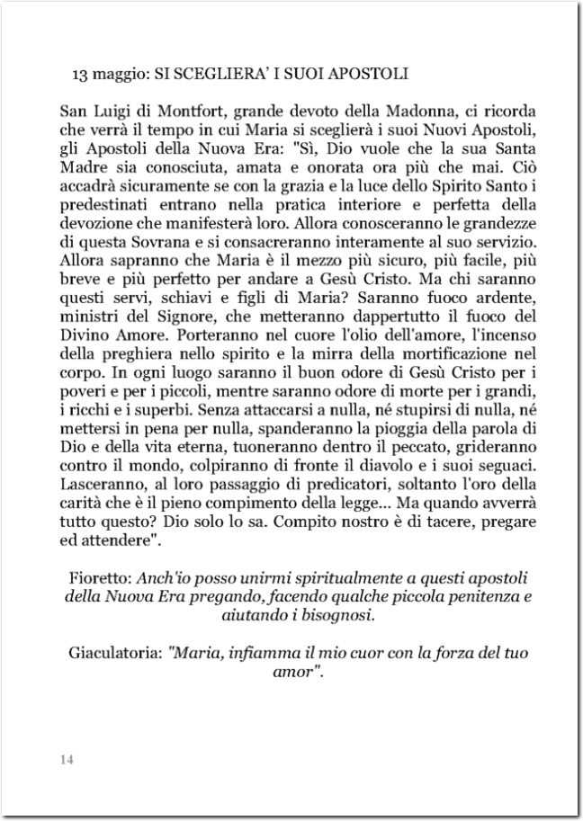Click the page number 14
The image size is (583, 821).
(x=66, y=761)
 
